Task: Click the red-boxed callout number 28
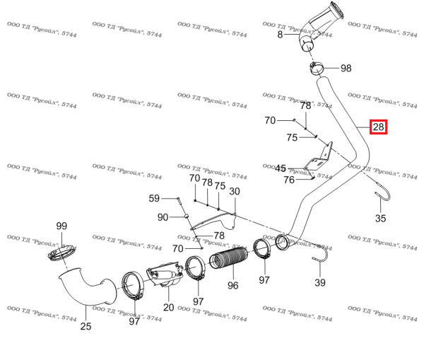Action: [x=378, y=127]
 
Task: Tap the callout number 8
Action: [x=280, y=34]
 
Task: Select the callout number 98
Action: [x=346, y=69]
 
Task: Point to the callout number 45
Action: [x=281, y=168]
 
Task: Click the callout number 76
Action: [x=288, y=180]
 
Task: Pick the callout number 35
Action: [x=380, y=218]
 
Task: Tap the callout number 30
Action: [x=234, y=192]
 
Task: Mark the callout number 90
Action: [x=163, y=216]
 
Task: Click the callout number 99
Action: [x=61, y=226]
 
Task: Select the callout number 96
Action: [x=232, y=286]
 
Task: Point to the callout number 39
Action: [x=319, y=283]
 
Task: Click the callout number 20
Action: [x=168, y=307]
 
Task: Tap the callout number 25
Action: [x=86, y=326]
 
